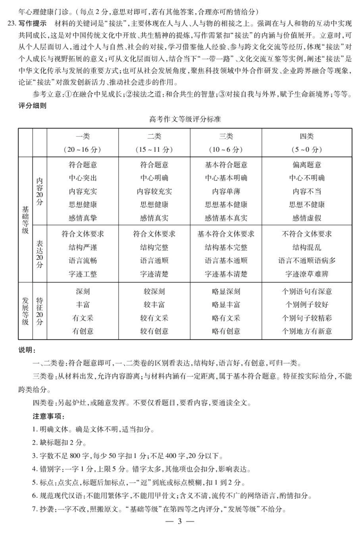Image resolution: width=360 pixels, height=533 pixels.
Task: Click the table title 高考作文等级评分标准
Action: click(185, 119)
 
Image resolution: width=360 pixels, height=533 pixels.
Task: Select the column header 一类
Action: click(83, 136)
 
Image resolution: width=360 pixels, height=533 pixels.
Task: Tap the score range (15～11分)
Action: click(154, 149)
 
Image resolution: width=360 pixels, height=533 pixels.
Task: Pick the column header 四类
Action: click(307, 136)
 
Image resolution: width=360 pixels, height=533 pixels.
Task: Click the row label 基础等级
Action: click(25, 220)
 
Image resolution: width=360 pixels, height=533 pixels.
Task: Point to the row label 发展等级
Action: click(25, 311)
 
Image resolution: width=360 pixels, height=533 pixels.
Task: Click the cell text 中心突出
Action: click(83, 178)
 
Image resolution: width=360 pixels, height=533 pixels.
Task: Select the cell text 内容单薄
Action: click(226, 191)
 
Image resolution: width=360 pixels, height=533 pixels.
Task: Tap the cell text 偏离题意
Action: click(307, 165)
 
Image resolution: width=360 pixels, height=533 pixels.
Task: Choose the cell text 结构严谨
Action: click(83, 248)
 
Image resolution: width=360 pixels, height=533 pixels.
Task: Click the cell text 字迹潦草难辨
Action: click(307, 274)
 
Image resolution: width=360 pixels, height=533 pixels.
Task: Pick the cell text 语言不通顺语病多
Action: click(307, 261)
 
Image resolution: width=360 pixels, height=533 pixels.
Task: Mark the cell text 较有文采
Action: click(154, 318)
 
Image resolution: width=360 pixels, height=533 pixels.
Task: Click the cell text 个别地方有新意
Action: click(307, 331)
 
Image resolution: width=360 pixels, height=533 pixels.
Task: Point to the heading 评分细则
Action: click(32, 106)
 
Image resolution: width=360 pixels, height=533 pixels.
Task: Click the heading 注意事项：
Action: click(49, 417)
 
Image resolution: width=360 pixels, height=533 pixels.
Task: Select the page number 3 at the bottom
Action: click(180, 522)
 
